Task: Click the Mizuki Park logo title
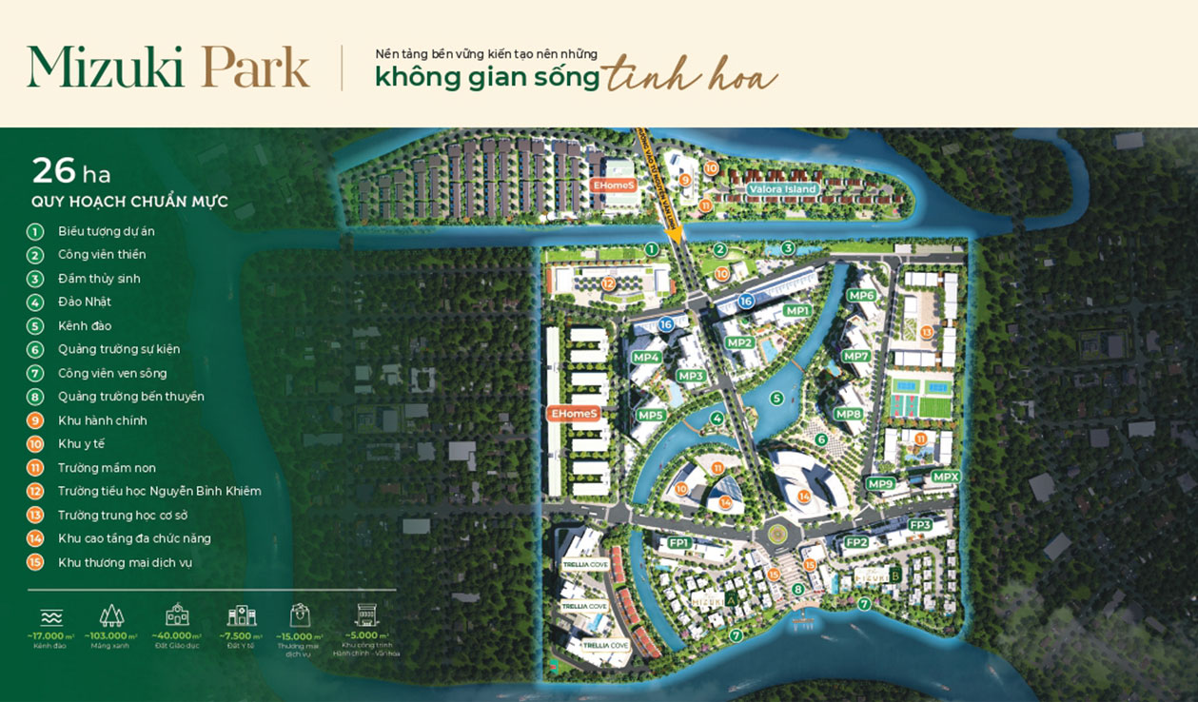tap(168, 68)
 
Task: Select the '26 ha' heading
tap(71, 171)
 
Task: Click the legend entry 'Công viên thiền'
tap(102, 255)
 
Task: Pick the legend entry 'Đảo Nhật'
tap(85, 302)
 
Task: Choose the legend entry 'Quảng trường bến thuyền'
tap(130, 397)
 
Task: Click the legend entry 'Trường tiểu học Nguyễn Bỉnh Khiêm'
tap(159, 492)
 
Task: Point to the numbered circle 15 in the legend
tap(35, 562)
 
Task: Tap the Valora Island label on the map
tap(782, 189)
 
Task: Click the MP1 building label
tap(796, 311)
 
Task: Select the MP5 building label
tap(651, 415)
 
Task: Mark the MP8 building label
tap(848, 414)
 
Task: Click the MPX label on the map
tap(946, 477)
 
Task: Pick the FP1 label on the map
tap(678, 542)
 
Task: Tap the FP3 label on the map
tap(920, 525)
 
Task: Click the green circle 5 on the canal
tap(776, 399)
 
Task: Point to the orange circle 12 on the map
tap(608, 283)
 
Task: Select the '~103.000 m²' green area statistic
tap(110, 636)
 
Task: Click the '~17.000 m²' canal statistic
tap(50, 636)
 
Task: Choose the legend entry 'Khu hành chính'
tap(102, 420)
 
